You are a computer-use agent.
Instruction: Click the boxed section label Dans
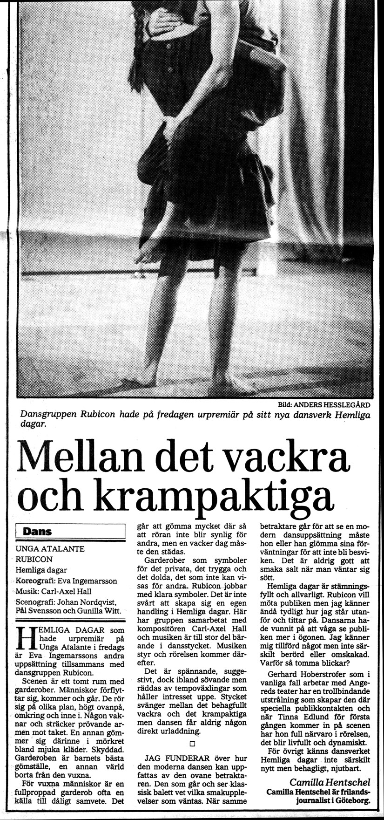37,531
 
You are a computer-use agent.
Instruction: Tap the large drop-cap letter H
27,641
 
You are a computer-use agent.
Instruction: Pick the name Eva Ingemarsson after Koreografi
88,581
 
